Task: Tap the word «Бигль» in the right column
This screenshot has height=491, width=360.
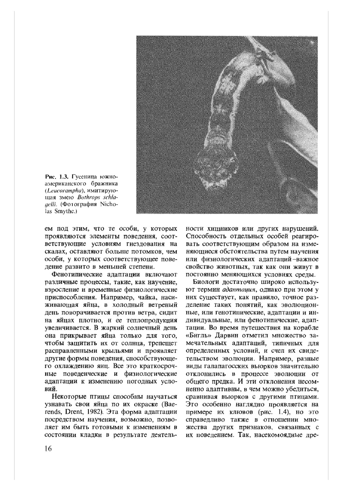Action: coord(197,336)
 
